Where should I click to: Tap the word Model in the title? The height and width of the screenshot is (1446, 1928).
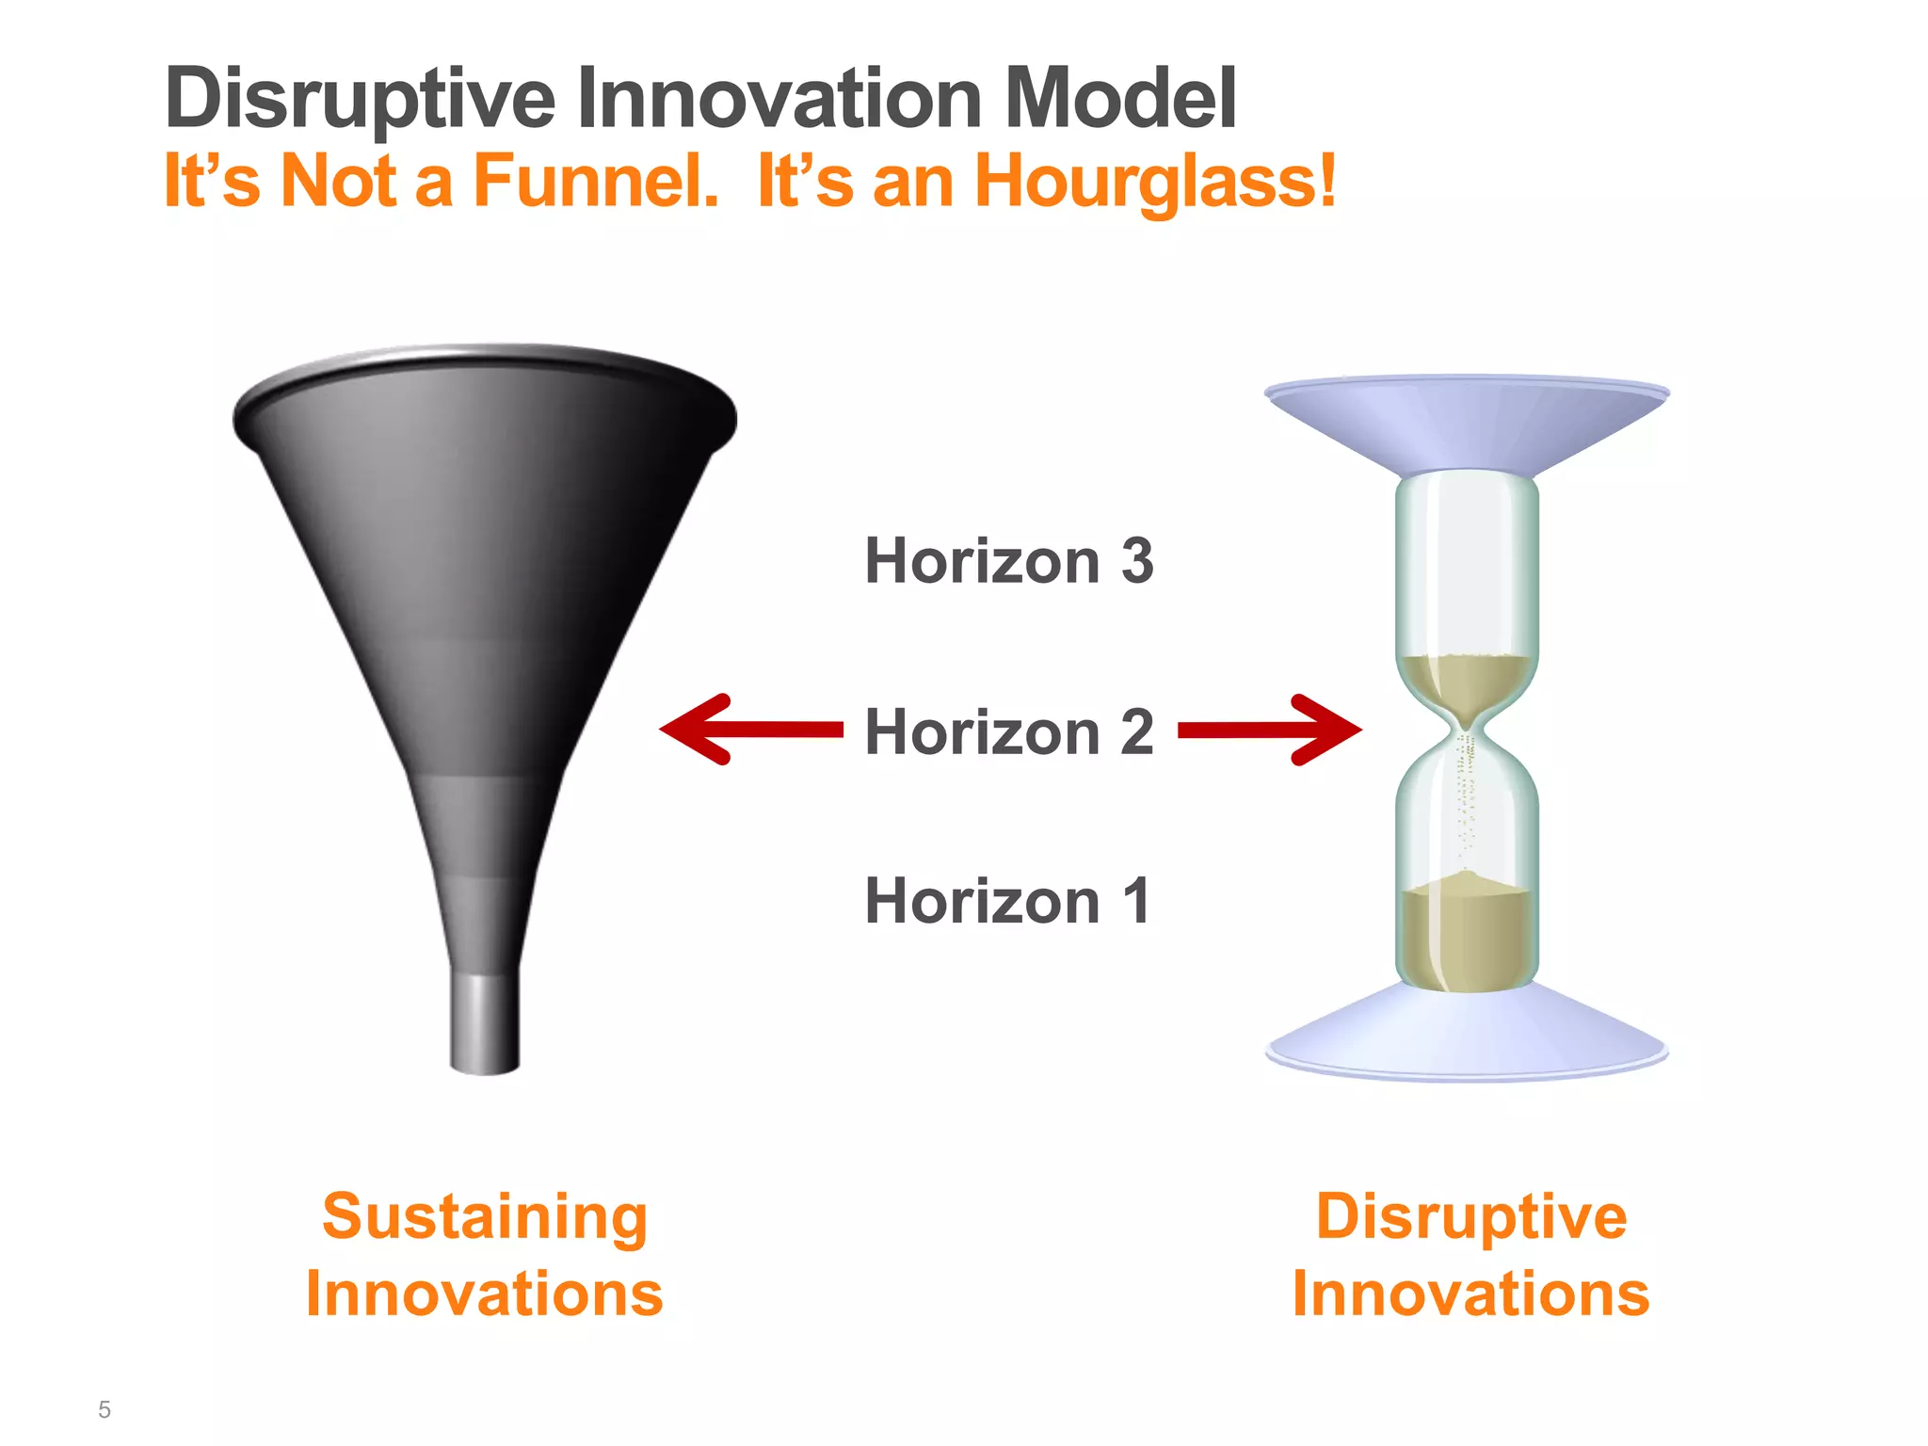coord(1120,98)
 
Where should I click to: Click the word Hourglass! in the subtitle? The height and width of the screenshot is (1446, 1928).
coord(1154,181)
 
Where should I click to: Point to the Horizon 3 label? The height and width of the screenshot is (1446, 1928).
coord(1008,561)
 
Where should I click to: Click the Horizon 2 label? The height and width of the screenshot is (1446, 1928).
coord(1008,731)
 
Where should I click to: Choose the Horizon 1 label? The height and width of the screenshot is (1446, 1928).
coord(1006,901)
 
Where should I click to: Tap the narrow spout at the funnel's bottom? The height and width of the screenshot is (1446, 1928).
coord(484,1021)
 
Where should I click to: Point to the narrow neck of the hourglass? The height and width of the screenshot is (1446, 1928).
coord(1466,730)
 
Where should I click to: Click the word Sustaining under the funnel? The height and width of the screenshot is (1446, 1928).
coord(485,1217)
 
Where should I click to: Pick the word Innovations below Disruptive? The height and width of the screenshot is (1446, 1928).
coord(1470,1293)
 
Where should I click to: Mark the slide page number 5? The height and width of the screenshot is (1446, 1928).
coord(104,1409)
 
